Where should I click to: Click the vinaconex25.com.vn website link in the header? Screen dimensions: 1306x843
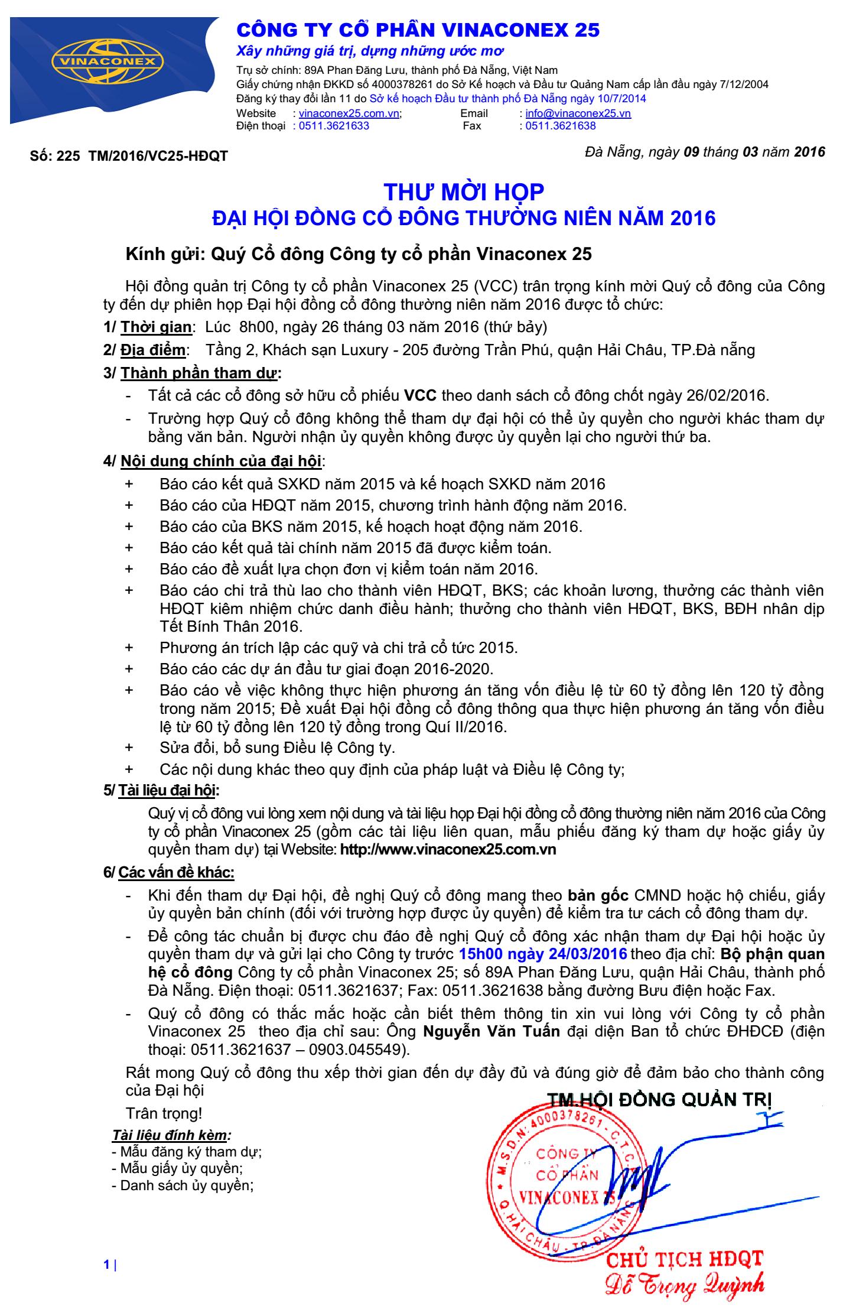pyautogui.click(x=349, y=113)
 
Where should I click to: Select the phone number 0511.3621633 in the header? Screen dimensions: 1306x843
pyautogui.click(x=334, y=125)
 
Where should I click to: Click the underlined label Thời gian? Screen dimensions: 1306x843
pyautogui.click(x=156, y=326)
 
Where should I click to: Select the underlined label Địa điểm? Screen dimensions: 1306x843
pyautogui.click(x=153, y=350)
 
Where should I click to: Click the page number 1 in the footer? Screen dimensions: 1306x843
pyautogui.click(x=106, y=1260)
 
